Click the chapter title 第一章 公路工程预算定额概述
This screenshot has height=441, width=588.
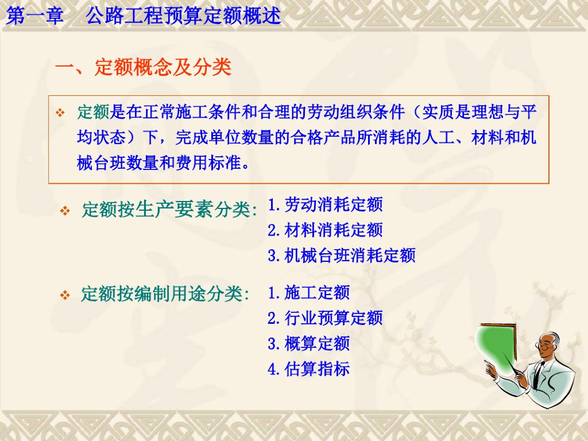point(143,16)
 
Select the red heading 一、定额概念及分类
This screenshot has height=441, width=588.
point(143,68)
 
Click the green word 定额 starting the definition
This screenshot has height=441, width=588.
point(94,112)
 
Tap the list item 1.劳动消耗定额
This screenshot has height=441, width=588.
point(325,205)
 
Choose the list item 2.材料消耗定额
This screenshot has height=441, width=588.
point(325,230)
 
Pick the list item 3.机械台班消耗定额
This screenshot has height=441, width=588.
point(342,256)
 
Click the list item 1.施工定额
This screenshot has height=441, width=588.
point(308,292)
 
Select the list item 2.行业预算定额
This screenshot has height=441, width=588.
point(325,318)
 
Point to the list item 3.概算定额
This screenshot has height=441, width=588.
point(308,343)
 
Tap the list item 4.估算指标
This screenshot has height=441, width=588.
point(308,369)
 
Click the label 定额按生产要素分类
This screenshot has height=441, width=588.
point(169,209)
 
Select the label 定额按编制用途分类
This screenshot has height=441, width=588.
point(165,293)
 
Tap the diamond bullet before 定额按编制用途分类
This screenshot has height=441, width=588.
point(65,295)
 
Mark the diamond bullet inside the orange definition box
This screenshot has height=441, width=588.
point(60,113)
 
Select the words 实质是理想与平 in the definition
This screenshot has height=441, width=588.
point(479,112)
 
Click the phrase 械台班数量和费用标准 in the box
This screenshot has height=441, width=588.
point(159,163)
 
